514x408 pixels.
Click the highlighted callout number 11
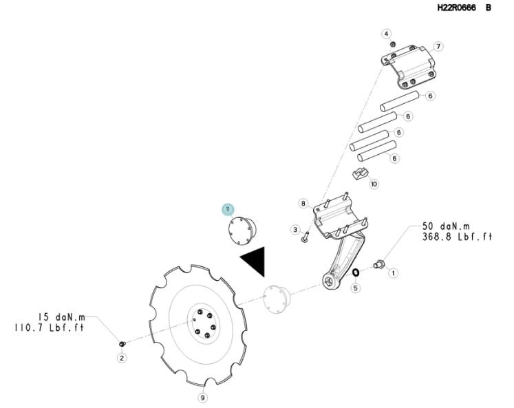[228, 209]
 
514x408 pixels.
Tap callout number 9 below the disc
[203, 398]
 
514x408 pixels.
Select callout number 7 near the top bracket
[438, 47]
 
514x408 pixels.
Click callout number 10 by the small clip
[374, 184]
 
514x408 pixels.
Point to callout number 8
[303, 204]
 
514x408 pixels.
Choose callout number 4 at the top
[387, 34]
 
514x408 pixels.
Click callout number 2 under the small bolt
[122, 358]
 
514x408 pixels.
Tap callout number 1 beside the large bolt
[393, 272]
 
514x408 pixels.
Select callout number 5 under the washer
[356, 288]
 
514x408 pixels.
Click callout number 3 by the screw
[295, 229]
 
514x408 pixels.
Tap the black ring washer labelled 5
[356, 272]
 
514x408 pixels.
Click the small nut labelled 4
[392, 44]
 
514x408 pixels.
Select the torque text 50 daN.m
[446, 226]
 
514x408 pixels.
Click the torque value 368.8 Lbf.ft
[458, 237]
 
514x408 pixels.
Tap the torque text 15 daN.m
[62, 317]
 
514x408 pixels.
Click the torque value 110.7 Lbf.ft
[49, 328]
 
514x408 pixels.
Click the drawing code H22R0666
[457, 8]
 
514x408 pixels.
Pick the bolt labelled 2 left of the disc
[122, 344]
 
